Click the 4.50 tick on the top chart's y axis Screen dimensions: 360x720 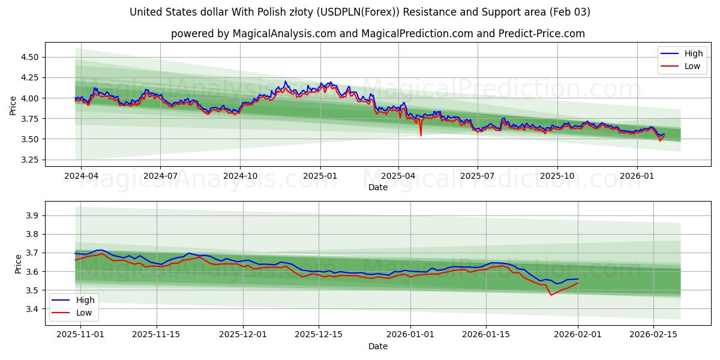coord(29,57)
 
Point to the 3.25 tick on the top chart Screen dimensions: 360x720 coord(29,160)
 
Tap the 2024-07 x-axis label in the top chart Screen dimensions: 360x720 coord(160,176)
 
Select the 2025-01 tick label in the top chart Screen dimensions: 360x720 coord(320,176)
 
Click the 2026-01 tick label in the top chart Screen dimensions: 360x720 coord(637,176)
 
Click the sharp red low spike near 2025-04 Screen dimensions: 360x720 coord(421,134)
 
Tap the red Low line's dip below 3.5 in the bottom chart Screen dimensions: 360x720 coord(551,295)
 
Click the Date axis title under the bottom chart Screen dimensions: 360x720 coord(378,346)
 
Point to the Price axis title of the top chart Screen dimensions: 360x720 coord(13,105)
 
